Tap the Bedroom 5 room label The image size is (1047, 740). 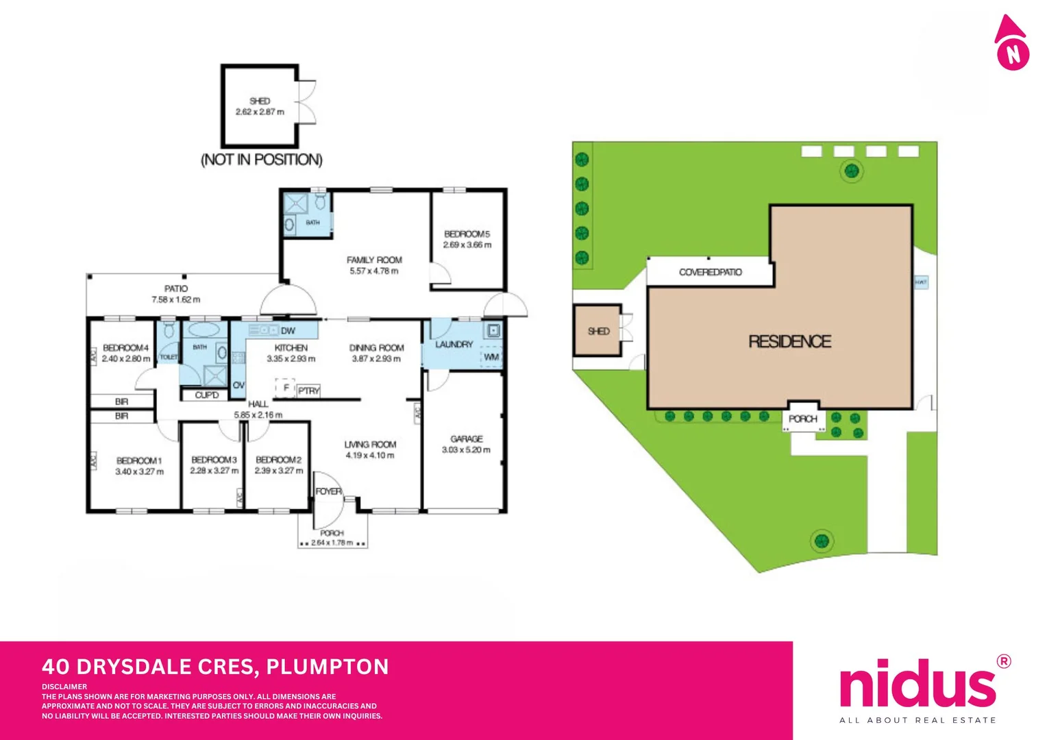point(467,234)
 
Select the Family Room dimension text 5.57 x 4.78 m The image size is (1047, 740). point(373,271)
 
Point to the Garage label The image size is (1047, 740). point(467,439)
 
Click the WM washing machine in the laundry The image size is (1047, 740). point(491,357)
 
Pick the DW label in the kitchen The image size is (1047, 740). point(288,331)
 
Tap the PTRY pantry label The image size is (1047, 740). point(309,391)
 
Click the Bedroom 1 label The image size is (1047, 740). point(139,460)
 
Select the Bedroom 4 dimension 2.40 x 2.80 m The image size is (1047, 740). point(126,358)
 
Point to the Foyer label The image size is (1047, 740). point(328,491)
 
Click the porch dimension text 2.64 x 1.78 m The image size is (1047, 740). point(332,543)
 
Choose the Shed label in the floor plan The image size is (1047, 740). point(260,101)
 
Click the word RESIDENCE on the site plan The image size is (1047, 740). point(789,341)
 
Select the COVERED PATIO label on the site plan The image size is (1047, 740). point(710,272)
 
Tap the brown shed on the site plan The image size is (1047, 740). point(598,331)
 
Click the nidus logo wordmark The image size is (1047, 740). point(917,684)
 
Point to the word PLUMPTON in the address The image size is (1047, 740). point(327,667)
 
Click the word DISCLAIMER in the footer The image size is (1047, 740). point(64,687)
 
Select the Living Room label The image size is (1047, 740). point(370,445)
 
